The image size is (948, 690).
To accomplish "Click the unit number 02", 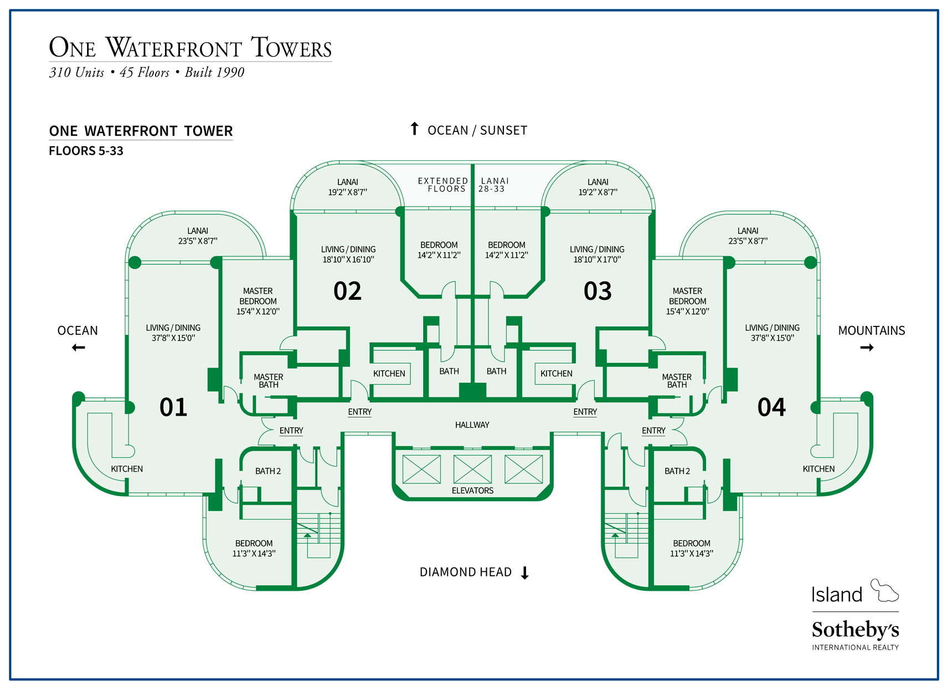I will pyautogui.click(x=347, y=291).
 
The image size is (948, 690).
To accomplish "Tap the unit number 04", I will pyautogui.click(x=771, y=407).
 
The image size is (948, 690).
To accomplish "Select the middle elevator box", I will pyautogui.click(x=472, y=469).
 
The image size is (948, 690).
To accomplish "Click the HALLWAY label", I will pyautogui.click(x=472, y=425).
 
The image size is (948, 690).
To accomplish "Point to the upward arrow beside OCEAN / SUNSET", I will pyautogui.click(x=414, y=129).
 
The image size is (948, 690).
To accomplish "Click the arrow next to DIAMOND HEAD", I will pyautogui.click(x=525, y=573).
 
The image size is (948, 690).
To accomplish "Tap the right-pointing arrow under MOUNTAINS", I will pyautogui.click(x=867, y=347).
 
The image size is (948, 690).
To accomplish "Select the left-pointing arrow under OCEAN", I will pyautogui.click(x=79, y=347).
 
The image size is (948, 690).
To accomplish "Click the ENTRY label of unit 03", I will pyautogui.click(x=585, y=412).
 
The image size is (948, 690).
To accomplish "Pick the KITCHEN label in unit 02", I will pyautogui.click(x=389, y=374).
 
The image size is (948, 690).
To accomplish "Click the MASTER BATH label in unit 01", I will pyautogui.click(x=269, y=381).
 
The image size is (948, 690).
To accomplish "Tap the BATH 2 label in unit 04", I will pyautogui.click(x=677, y=471).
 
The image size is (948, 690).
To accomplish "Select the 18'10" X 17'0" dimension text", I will pyautogui.click(x=597, y=259).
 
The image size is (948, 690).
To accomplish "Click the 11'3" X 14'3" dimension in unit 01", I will pyautogui.click(x=254, y=553).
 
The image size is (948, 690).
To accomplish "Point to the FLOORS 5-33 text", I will pyautogui.click(x=86, y=151).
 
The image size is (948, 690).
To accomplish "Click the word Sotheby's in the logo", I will pyautogui.click(x=855, y=630).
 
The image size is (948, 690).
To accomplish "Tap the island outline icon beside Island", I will pyautogui.click(x=884, y=591).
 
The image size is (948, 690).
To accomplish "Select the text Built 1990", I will pyautogui.click(x=214, y=73).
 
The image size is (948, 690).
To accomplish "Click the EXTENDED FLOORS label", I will pyautogui.click(x=442, y=185).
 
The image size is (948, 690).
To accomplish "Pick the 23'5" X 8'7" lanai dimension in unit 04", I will pyautogui.click(x=748, y=241).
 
